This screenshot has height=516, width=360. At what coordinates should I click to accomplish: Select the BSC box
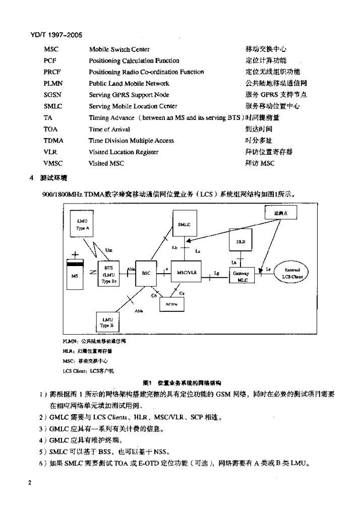click(146, 273)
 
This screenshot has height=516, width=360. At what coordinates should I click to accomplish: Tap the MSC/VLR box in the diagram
click(187, 273)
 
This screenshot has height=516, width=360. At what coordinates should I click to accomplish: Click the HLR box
click(241, 241)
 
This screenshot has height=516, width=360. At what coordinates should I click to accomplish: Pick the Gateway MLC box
click(242, 276)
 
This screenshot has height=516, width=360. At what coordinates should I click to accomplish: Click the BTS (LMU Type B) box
click(108, 273)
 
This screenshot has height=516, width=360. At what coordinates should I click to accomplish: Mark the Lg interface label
click(216, 273)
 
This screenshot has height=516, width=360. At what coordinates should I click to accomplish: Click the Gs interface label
click(182, 292)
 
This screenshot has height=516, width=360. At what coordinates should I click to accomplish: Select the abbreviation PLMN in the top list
click(53, 84)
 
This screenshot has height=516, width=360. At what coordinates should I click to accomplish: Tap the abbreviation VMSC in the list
click(53, 163)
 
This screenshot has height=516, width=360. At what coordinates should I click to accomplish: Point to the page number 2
click(31, 483)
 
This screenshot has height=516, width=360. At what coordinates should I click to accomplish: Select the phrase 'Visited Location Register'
click(124, 152)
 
